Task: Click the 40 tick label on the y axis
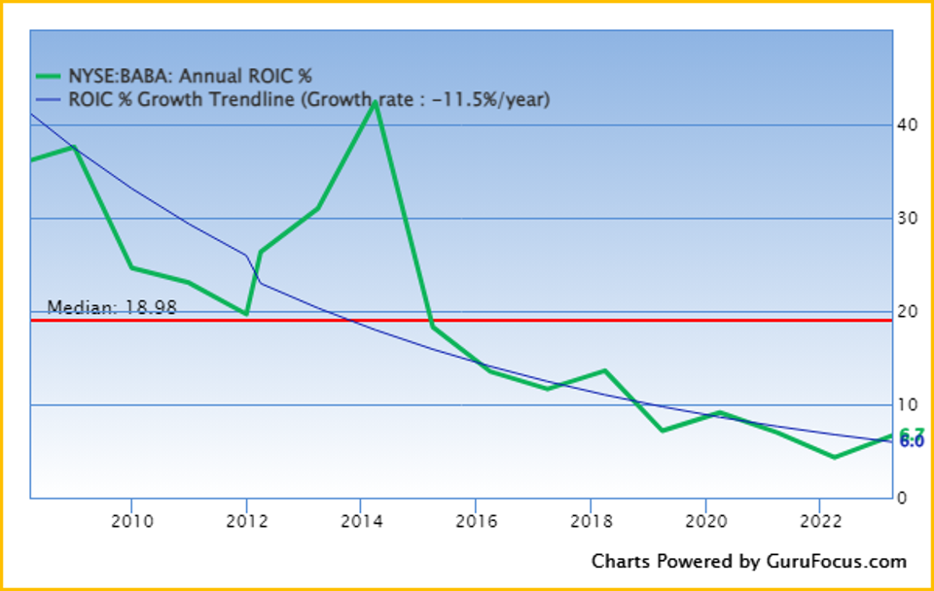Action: pyautogui.click(x=908, y=124)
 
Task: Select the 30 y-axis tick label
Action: pyautogui.click(x=908, y=218)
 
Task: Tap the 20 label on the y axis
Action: pyautogui.click(x=908, y=311)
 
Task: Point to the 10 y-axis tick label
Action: pyautogui.click(x=908, y=404)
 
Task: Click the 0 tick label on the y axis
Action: pyautogui.click(x=903, y=498)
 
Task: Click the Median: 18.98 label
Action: pyautogui.click(x=112, y=307)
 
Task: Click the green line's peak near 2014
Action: pyautogui.click(x=376, y=102)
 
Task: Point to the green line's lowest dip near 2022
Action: pyautogui.click(x=834, y=457)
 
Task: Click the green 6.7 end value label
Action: pyautogui.click(x=912, y=434)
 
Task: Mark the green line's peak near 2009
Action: pyautogui.click(x=74, y=147)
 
